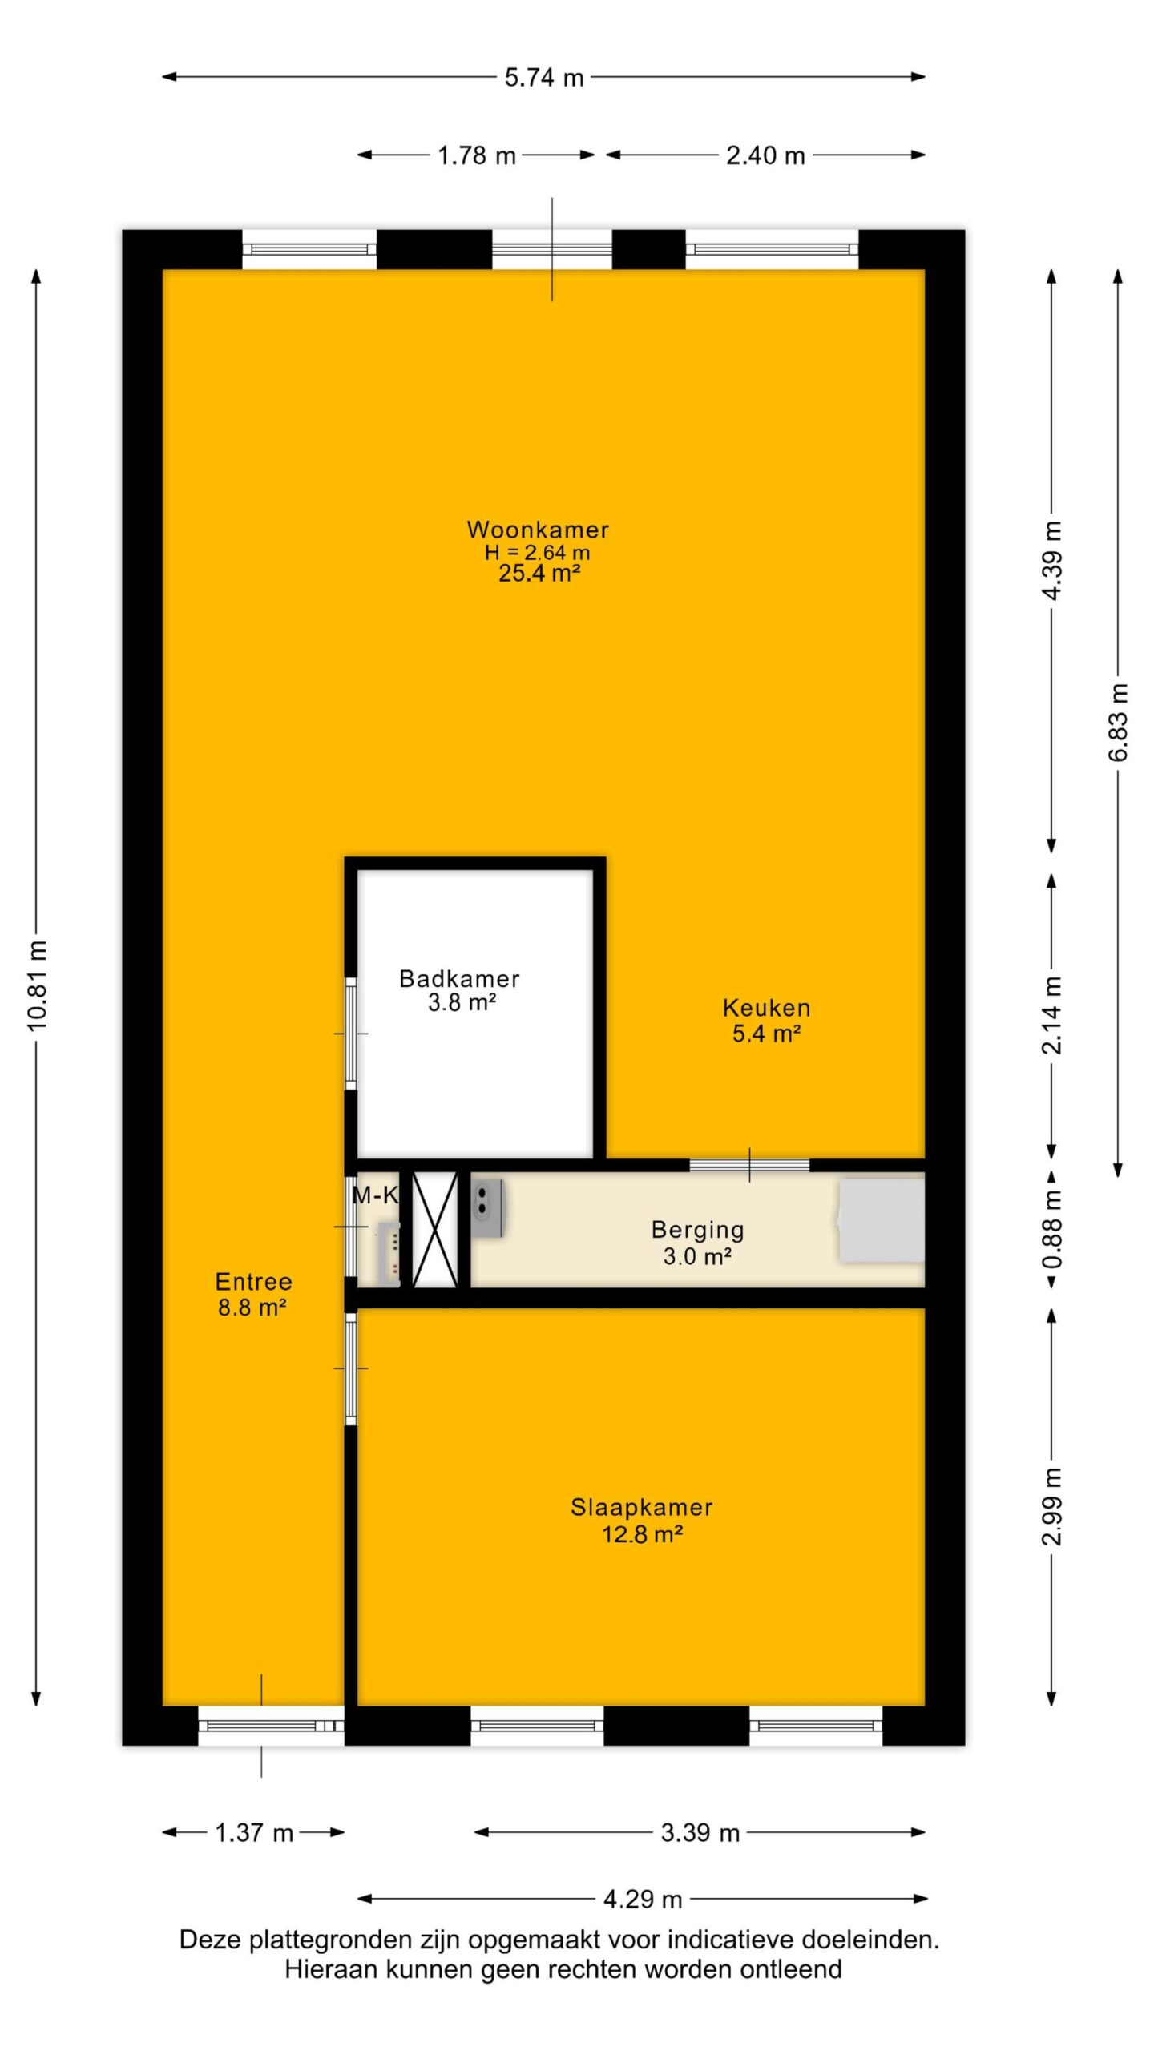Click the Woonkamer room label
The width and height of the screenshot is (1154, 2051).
pyautogui.click(x=538, y=530)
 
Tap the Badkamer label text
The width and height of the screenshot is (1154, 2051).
pyautogui.click(x=459, y=978)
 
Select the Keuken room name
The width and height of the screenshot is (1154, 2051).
pyautogui.click(x=766, y=1008)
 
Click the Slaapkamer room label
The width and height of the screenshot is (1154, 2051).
pyautogui.click(x=641, y=1508)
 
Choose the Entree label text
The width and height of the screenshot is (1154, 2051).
pyautogui.click(x=253, y=1282)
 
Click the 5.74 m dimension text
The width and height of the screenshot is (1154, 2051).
pyautogui.click(x=544, y=78)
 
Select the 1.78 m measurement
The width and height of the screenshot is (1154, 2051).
pyautogui.click(x=477, y=155)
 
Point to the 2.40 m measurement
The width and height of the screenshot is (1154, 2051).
pyautogui.click(x=765, y=155)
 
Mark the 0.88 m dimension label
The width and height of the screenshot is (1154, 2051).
pyautogui.click(x=1052, y=1229)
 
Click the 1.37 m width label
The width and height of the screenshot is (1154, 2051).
pyautogui.click(x=254, y=1833)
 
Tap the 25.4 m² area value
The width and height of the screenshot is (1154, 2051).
pyautogui.click(x=539, y=574)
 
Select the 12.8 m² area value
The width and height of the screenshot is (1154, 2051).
pyautogui.click(x=642, y=1534)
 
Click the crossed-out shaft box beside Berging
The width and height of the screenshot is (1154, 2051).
pyautogui.click(x=434, y=1229)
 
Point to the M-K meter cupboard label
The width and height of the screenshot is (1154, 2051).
pyautogui.click(x=375, y=1195)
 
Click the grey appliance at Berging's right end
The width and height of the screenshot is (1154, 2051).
pyautogui.click(x=881, y=1221)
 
